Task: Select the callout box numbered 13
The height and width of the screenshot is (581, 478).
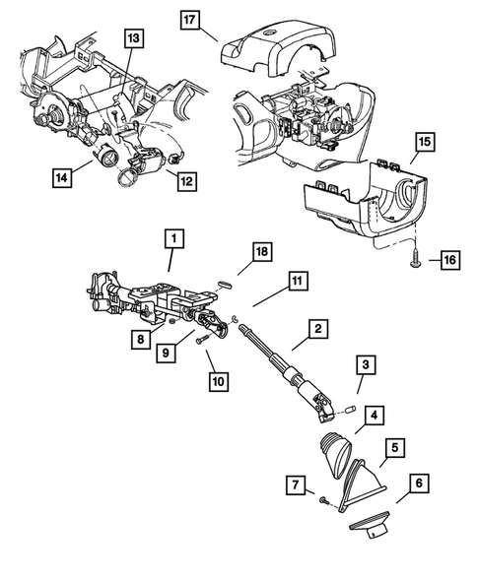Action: tap(133, 38)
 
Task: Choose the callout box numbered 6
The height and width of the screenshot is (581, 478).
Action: tap(419, 484)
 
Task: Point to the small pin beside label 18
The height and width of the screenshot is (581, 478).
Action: tap(224, 281)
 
